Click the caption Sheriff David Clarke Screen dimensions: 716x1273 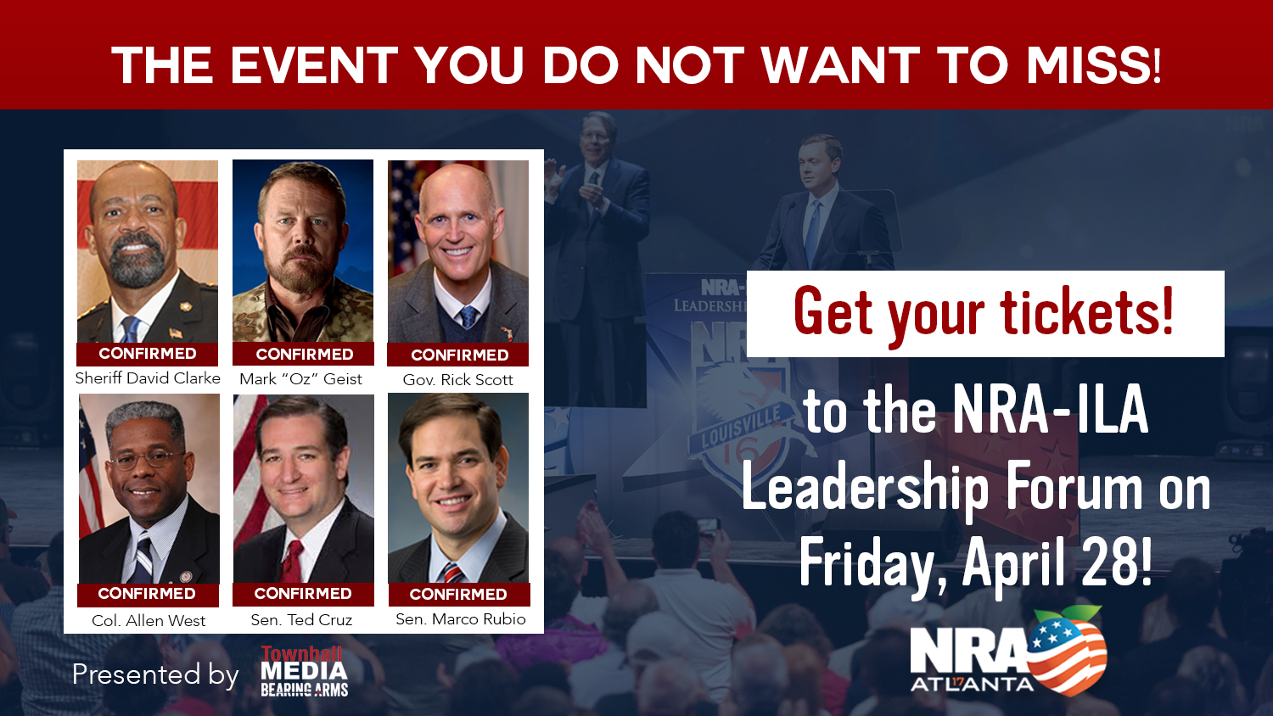(x=148, y=378)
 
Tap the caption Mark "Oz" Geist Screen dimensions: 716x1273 (x=300, y=379)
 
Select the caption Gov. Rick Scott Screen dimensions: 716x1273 (x=457, y=380)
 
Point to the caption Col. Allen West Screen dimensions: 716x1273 (x=149, y=621)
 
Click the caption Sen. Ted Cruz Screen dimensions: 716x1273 (x=301, y=620)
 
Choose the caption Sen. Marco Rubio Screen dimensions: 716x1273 (x=460, y=619)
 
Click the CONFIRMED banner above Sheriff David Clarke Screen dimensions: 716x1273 (x=148, y=354)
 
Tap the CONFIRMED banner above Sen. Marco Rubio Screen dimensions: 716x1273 (x=458, y=595)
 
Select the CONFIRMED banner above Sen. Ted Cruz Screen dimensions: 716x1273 (x=303, y=594)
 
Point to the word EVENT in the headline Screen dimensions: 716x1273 (x=314, y=65)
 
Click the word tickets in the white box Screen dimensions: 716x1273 (x=1087, y=312)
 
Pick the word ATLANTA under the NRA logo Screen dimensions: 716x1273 (x=973, y=685)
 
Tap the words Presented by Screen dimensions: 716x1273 (x=155, y=674)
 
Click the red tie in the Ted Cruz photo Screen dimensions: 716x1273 (x=292, y=561)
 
